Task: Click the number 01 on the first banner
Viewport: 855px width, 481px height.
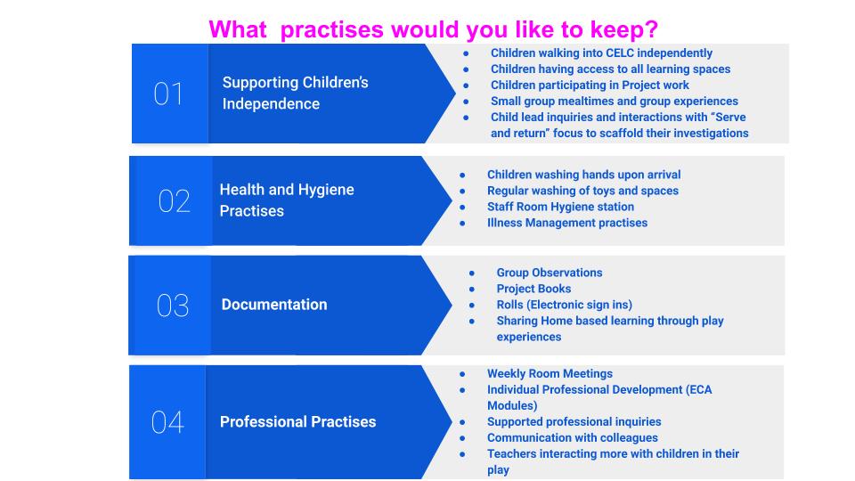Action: [168, 94]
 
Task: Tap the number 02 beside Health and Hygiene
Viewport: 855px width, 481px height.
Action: [175, 200]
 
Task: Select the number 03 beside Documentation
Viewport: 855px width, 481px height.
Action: [173, 306]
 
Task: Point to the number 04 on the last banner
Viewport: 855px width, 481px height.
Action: [167, 422]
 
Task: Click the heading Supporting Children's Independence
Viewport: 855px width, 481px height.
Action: [295, 94]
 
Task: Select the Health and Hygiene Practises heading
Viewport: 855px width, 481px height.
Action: [287, 200]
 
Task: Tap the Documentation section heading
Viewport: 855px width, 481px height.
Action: [274, 305]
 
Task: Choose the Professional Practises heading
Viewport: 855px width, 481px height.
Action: [297, 421]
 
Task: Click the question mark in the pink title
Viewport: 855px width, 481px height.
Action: [651, 29]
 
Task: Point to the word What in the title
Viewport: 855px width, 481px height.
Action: [238, 29]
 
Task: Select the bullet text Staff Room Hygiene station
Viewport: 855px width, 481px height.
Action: [560, 207]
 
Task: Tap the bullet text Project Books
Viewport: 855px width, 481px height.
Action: [533, 289]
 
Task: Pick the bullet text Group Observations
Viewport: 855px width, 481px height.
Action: [550, 273]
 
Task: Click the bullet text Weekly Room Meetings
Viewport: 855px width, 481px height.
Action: [550, 373]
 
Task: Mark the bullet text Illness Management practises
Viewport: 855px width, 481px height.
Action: [567, 223]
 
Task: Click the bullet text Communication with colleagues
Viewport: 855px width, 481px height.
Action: [573, 437]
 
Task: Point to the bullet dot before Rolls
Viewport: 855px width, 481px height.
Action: [472, 305]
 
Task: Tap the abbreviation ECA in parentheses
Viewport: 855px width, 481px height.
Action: [700, 389]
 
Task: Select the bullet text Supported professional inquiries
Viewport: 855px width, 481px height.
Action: [574, 421]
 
